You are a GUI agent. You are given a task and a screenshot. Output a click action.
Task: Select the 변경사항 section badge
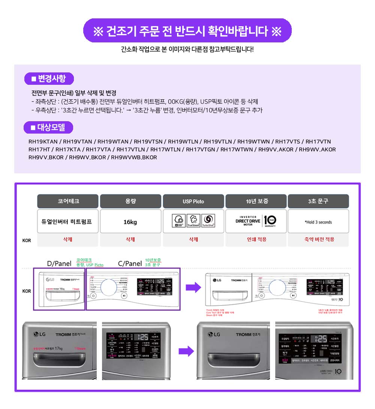49,79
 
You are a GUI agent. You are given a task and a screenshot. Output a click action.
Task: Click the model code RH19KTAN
43,142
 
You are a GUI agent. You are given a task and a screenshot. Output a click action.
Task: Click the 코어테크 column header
67,201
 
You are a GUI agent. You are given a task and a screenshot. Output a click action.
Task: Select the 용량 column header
130,201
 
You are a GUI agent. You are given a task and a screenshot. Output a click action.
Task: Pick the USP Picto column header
193,201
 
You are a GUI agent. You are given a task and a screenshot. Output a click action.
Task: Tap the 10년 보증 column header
256,201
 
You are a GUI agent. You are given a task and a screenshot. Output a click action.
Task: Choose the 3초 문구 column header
318,201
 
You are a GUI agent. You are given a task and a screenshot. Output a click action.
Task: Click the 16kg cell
130,222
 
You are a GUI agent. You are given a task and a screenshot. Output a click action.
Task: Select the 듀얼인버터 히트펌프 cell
67,222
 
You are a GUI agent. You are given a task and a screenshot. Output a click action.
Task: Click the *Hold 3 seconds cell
318,222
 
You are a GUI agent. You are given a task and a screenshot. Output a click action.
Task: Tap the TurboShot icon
208,221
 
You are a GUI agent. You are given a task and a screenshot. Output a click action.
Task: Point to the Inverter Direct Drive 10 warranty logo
256,221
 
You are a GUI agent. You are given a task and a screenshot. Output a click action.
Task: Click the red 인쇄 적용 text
256,239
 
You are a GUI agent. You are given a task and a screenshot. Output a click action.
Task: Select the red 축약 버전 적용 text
319,239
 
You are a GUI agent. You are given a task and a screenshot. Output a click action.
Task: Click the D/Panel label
59,263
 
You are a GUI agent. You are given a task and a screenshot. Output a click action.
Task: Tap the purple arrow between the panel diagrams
193,288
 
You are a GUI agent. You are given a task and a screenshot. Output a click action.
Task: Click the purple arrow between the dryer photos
186,352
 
